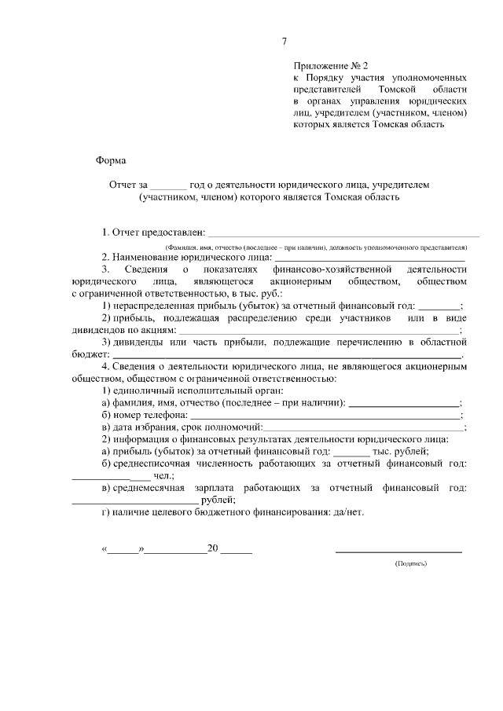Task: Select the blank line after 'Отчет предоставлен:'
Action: click(343, 233)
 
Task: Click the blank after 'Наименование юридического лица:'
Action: click(369, 258)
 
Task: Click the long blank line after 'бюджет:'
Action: click(283, 356)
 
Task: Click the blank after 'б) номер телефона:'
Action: click(325, 416)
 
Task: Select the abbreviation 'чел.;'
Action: click(163, 476)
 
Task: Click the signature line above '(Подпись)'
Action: click(398, 552)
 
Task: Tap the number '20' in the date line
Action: click(212, 550)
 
